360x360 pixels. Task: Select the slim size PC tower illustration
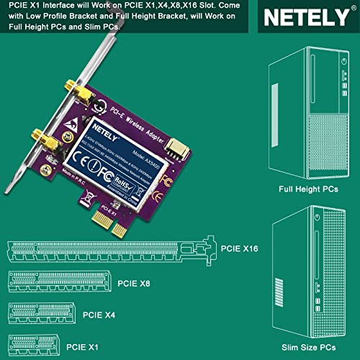[307, 272]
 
